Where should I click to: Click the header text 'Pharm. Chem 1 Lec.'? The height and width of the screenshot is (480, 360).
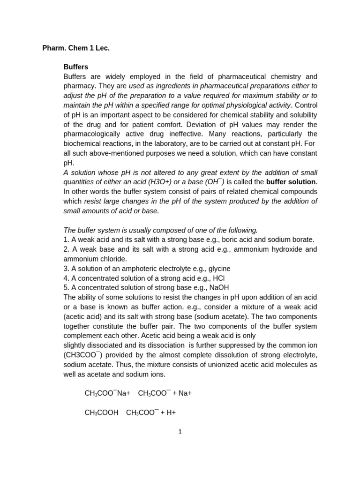(x=76, y=48)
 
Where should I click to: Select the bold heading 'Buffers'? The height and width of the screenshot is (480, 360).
(x=76, y=67)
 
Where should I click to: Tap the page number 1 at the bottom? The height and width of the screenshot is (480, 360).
(x=180, y=432)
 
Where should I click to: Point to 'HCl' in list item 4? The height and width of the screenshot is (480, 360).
(x=219, y=278)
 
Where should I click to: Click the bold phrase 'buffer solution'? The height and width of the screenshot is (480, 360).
(x=291, y=182)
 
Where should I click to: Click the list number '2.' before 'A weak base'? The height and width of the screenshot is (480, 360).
(x=66, y=249)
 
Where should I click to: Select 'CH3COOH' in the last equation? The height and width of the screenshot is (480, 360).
(x=101, y=413)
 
